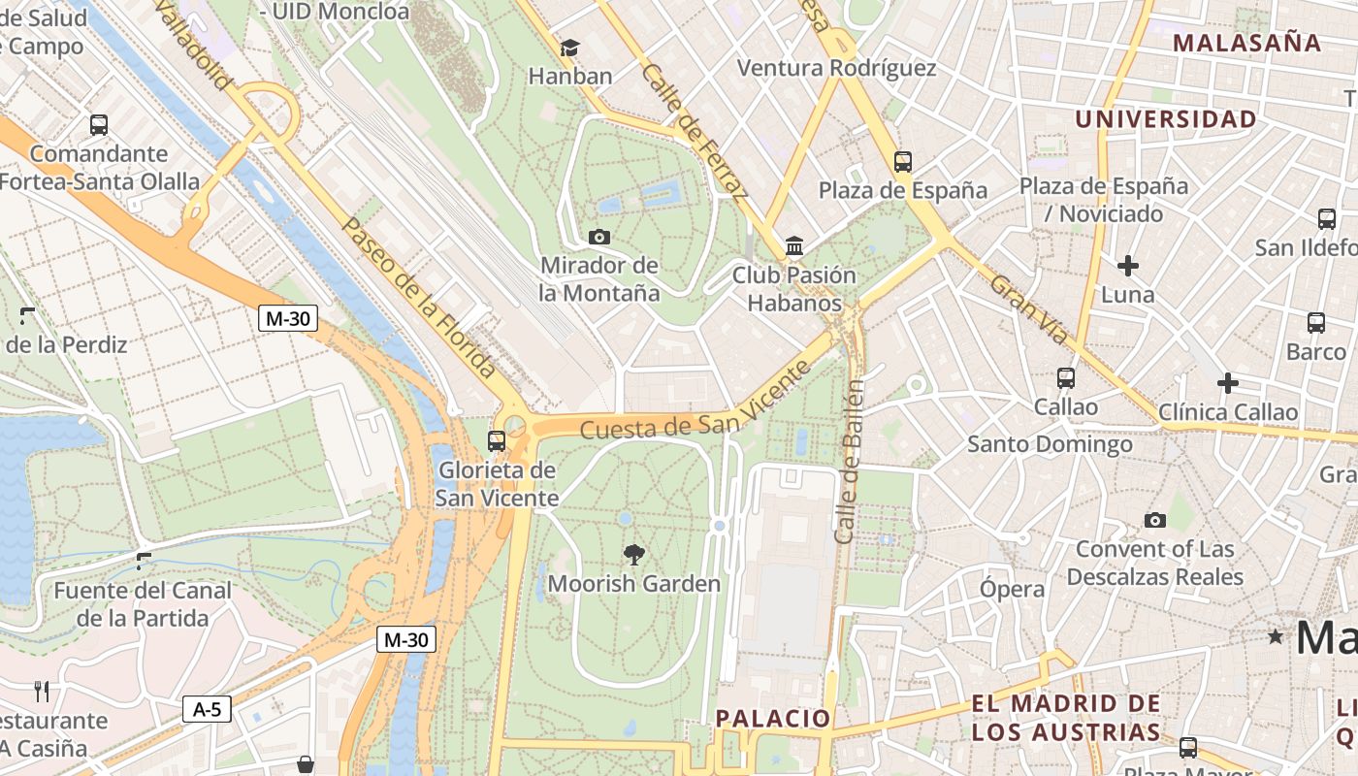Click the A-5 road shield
(207, 709)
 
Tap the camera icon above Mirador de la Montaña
(599, 237)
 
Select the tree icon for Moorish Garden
(634, 555)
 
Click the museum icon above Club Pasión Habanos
(794, 246)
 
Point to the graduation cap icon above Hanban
(570, 48)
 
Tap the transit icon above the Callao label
(1066, 378)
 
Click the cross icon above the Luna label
(1128, 265)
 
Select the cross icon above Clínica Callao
(1228, 383)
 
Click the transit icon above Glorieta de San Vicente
(497, 441)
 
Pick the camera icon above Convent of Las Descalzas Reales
(1154, 520)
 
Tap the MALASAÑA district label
(1246, 43)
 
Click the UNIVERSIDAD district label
(1166, 119)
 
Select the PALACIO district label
(773, 719)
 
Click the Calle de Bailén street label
(850, 461)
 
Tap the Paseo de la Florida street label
(420, 297)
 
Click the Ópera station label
(1012, 589)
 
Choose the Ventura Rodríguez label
(837, 68)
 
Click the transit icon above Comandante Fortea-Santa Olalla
(99, 125)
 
